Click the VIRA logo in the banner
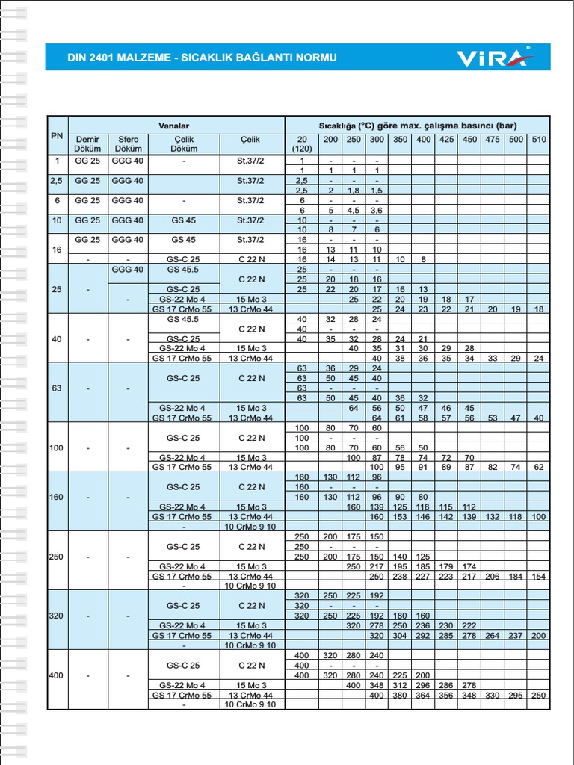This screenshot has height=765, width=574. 493,58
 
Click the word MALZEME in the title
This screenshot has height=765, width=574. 141,58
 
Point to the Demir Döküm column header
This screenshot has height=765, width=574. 87,144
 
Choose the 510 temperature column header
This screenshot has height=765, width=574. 538,140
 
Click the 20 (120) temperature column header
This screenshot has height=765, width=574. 303,144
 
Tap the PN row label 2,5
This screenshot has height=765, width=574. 57,181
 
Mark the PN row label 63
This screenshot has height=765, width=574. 57,388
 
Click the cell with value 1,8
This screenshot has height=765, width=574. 354,191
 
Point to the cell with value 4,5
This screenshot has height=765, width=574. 354,211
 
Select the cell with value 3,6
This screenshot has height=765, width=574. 377,211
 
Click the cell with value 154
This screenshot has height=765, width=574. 538,576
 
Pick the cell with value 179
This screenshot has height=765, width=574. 446,566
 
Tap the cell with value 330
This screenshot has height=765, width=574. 492,695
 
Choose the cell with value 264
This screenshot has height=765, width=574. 492,636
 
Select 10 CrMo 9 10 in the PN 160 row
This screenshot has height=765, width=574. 252,526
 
